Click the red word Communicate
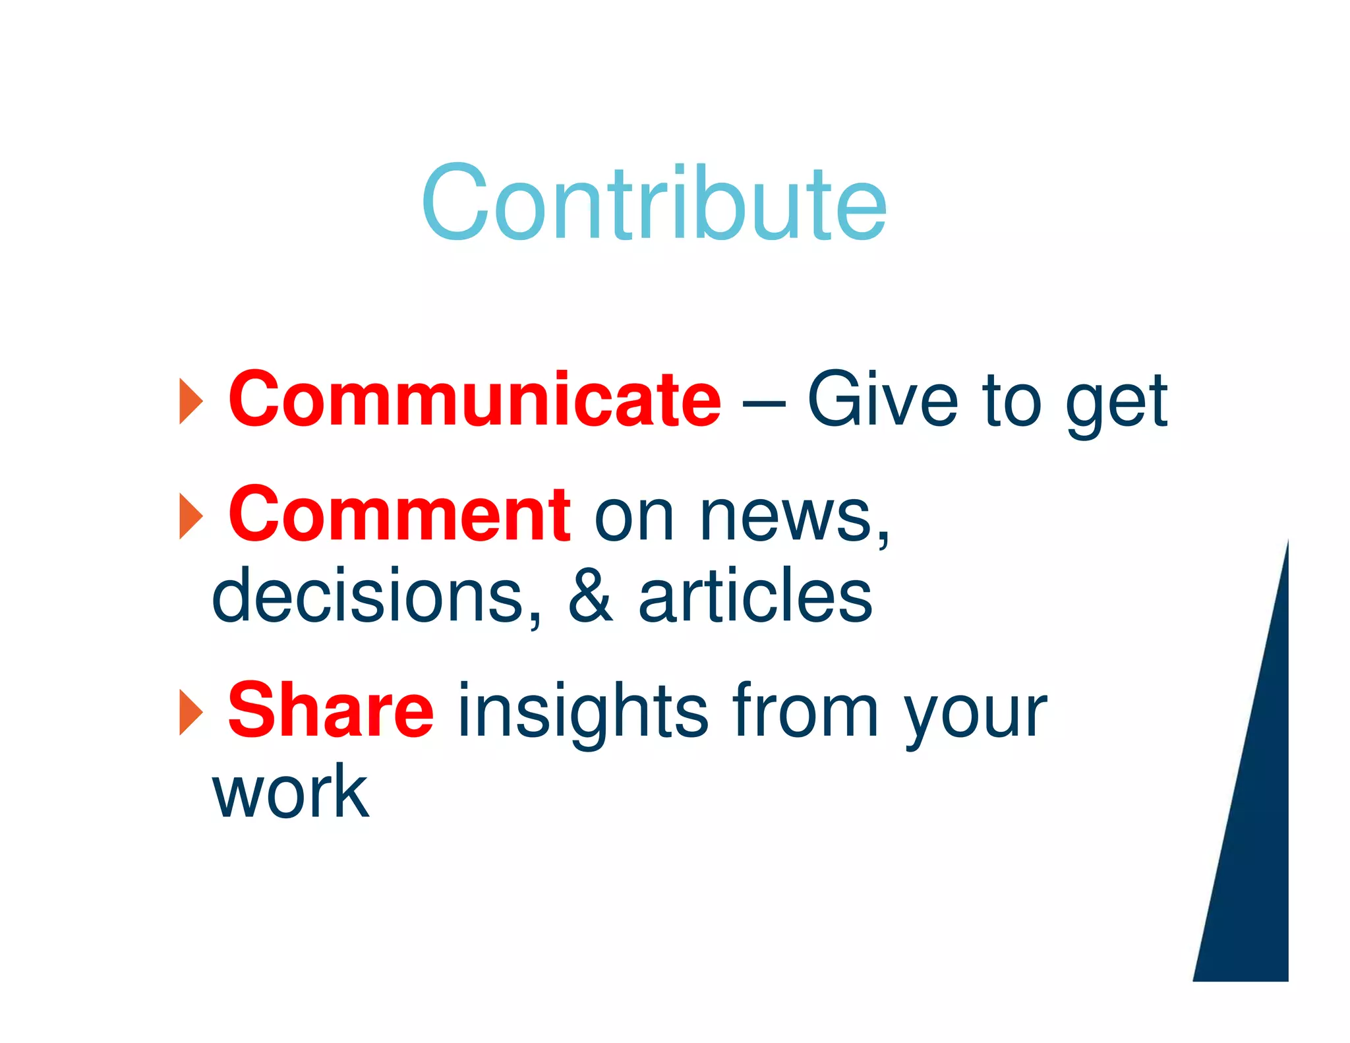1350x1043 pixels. (475, 400)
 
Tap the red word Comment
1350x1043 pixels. (399, 514)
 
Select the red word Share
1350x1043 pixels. (330, 711)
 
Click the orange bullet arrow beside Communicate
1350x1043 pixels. (191, 401)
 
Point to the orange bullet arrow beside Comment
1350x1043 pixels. (191, 516)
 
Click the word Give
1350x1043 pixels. (882, 400)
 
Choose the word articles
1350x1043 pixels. (755, 595)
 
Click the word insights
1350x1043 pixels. (583, 712)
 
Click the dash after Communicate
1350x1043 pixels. (764, 402)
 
